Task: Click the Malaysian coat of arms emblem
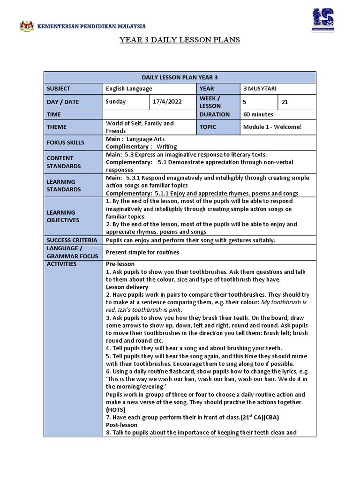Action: [x=27, y=27]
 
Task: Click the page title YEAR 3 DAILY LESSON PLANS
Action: [x=180, y=40]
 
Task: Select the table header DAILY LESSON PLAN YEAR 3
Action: [x=180, y=77]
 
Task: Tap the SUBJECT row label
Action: [x=59, y=89]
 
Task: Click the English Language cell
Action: [x=129, y=89]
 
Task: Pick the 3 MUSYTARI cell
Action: [x=258, y=89]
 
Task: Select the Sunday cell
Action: [x=116, y=102]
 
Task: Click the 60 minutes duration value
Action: [x=258, y=114]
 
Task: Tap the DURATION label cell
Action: [x=214, y=114]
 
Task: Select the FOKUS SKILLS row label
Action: [x=65, y=142]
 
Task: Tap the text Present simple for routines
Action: [x=142, y=252]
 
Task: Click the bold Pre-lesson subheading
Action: [x=120, y=264]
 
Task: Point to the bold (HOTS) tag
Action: [x=115, y=409]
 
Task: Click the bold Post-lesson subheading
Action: [x=122, y=425]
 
